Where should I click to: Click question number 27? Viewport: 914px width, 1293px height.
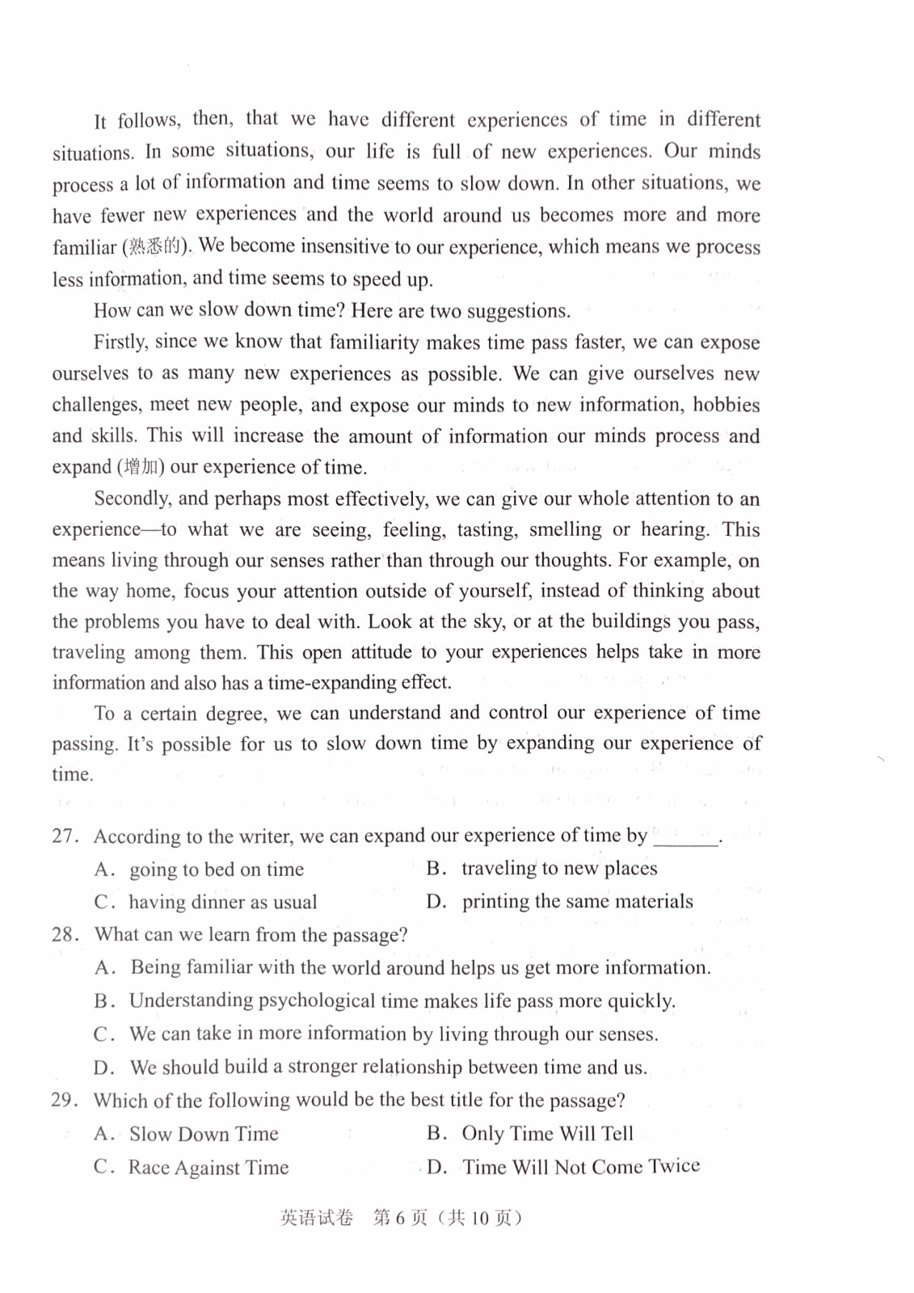(x=65, y=836)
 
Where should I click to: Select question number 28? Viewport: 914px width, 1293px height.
(x=65, y=935)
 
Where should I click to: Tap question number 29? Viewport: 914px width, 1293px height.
(x=65, y=1100)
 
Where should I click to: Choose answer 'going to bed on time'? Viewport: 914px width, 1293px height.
(x=217, y=870)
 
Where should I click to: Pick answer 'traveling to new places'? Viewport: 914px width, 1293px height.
(x=559, y=869)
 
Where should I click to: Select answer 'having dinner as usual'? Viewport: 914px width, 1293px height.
(x=223, y=902)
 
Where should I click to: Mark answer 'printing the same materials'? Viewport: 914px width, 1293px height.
(x=577, y=902)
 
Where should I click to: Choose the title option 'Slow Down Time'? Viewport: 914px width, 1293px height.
(x=204, y=1134)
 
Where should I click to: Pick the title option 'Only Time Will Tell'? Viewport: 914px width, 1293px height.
(x=547, y=1134)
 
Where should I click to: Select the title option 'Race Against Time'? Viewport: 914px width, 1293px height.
(x=208, y=1168)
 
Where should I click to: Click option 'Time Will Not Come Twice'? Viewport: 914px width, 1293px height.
(x=581, y=1167)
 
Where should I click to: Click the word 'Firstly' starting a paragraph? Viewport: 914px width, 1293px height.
(x=120, y=342)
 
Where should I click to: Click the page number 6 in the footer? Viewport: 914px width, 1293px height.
(x=400, y=1218)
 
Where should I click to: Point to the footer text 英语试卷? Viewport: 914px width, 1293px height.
(x=317, y=1218)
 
